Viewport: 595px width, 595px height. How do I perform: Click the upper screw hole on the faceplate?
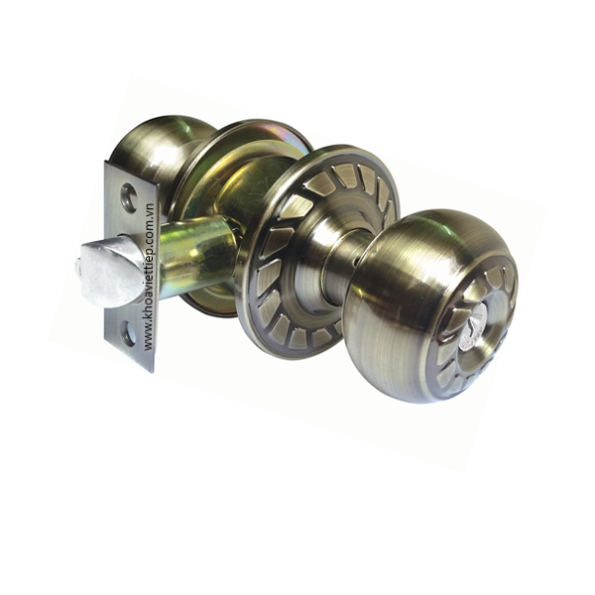pyautogui.click(x=129, y=194)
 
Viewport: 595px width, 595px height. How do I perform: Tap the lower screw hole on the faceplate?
pyautogui.click(x=129, y=335)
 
